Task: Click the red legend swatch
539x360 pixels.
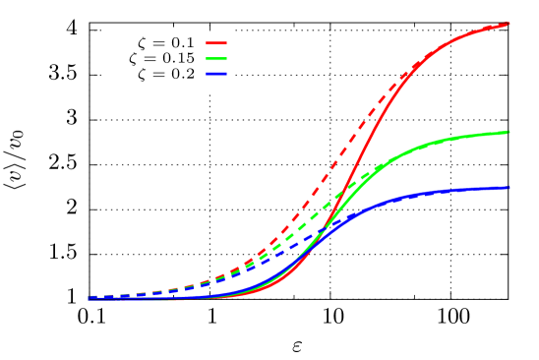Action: [216, 43]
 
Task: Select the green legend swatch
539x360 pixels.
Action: [216, 59]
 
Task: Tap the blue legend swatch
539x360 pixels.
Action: [216, 75]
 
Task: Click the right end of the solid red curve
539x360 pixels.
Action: [508, 24]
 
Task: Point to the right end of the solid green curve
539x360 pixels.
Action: [508, 132]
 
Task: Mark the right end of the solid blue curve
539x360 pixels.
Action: [508, 188]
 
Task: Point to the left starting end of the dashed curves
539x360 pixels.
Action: [90, 296]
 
